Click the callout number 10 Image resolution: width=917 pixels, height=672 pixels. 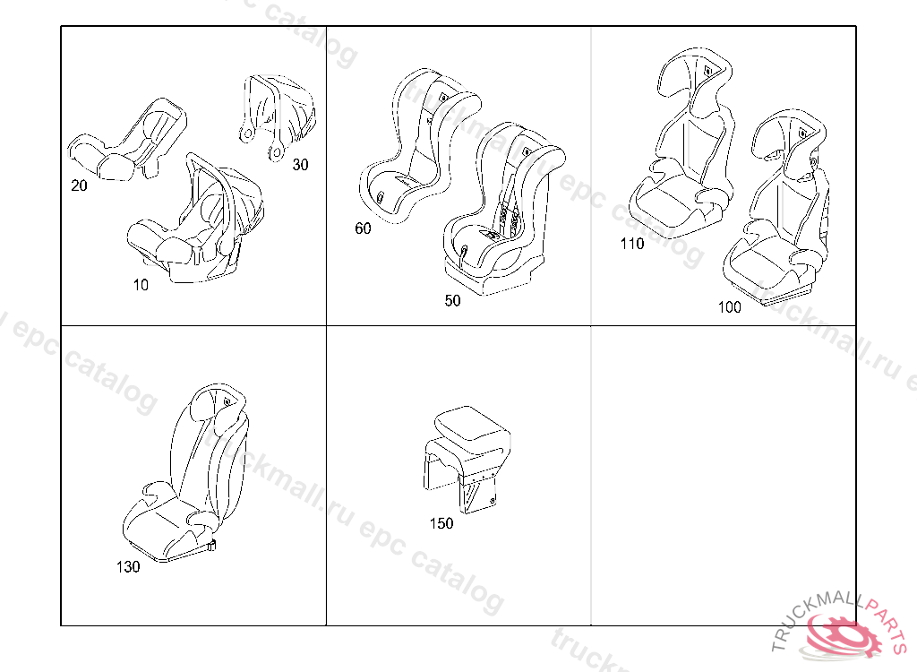tap(141, 285)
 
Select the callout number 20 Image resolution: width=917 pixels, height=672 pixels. tap(79, 185)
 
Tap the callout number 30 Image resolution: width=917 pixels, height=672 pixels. tap(300, 165)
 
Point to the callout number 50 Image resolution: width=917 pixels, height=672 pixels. tap(453, 301)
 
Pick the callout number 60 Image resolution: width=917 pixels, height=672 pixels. tap(363, 228)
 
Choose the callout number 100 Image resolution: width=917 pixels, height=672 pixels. tap(729, 307)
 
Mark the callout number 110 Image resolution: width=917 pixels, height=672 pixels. tap(631, 244)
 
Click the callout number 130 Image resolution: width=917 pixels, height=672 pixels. tap(128, 567)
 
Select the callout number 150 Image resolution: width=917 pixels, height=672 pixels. tap(441, 523)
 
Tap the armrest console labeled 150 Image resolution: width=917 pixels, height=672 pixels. tap(467, 452)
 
